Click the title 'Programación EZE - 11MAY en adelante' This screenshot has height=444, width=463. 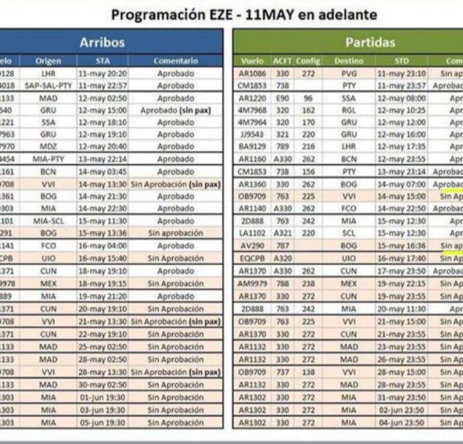[x=243, y=14]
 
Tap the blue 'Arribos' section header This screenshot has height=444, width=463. [x=102, y=43]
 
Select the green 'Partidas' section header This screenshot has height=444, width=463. [x=370, y=43]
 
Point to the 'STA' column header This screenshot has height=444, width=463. [x=103, y=61]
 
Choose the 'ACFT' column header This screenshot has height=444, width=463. [x=283, y=61]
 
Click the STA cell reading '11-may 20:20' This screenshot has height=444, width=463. [x=103, y=74]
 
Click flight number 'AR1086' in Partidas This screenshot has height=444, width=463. [x=252, y=74]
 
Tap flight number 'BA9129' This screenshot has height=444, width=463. [x=252, y=147]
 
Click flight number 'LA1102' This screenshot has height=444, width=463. [x=252, y=233]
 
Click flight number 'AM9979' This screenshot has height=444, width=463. [x=252, y=283]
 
